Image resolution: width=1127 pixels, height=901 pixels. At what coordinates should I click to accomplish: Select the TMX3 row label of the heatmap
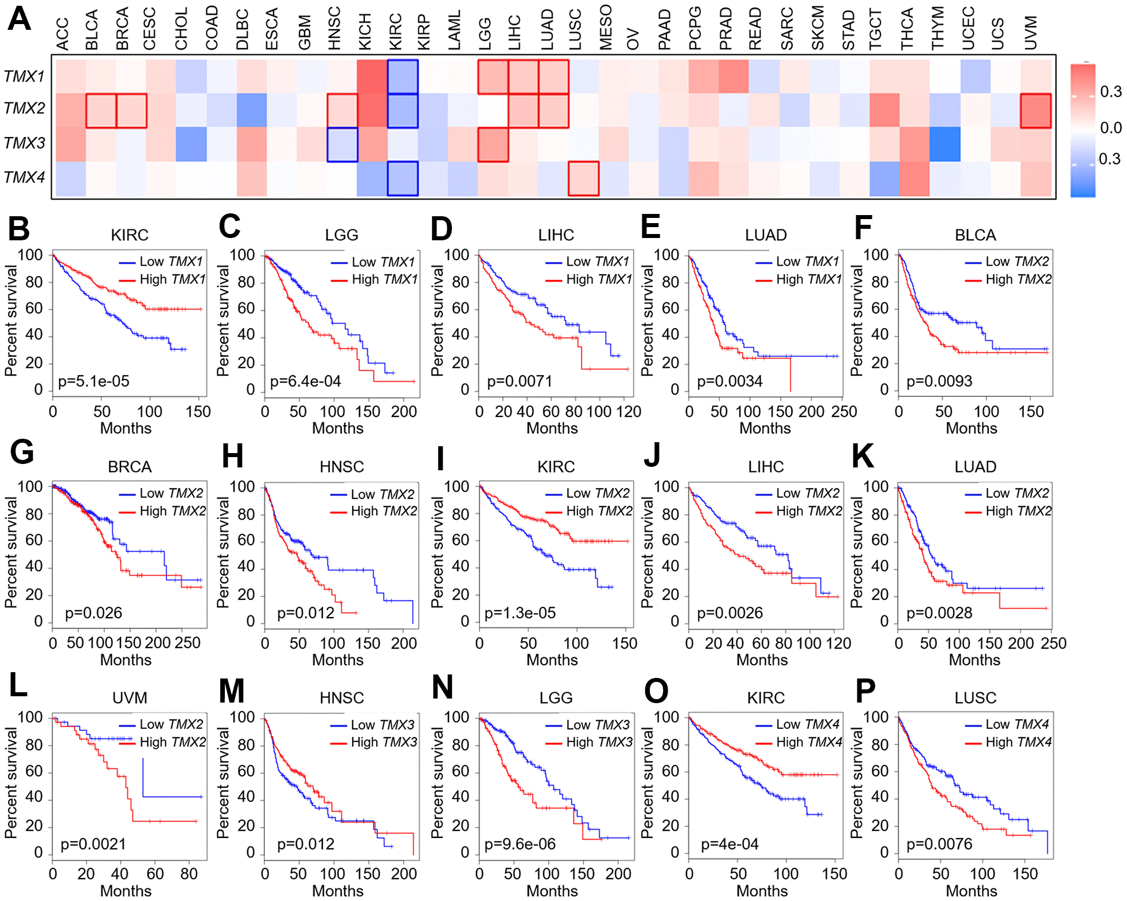24,143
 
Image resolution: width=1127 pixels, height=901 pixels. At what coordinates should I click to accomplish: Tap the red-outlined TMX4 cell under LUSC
584,178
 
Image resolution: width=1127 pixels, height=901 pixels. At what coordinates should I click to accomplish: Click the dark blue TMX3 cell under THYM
945,145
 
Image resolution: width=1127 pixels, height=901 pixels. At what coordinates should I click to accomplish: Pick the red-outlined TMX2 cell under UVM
1036,111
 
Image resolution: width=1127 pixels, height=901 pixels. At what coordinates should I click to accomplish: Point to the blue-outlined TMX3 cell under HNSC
342,145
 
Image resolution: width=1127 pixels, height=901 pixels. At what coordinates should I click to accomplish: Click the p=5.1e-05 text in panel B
93,381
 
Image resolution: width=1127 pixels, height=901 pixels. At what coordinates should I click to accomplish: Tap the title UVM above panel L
130,698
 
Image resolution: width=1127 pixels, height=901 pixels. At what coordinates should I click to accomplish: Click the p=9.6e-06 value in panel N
520,844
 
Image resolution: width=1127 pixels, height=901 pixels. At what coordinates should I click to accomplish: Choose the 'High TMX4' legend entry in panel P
1018,742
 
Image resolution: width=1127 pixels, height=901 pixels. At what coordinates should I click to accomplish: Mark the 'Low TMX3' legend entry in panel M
382,725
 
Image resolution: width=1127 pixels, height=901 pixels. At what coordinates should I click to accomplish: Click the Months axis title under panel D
552,428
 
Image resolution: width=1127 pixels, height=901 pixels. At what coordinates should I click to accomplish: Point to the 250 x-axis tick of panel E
844,412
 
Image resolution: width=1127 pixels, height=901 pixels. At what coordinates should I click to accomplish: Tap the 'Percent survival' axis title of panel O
648,783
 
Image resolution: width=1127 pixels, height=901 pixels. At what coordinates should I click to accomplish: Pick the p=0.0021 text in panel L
93,844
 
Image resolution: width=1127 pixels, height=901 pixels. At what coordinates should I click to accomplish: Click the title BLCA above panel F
975,235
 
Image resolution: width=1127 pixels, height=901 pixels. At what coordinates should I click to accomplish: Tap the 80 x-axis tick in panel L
189,874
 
